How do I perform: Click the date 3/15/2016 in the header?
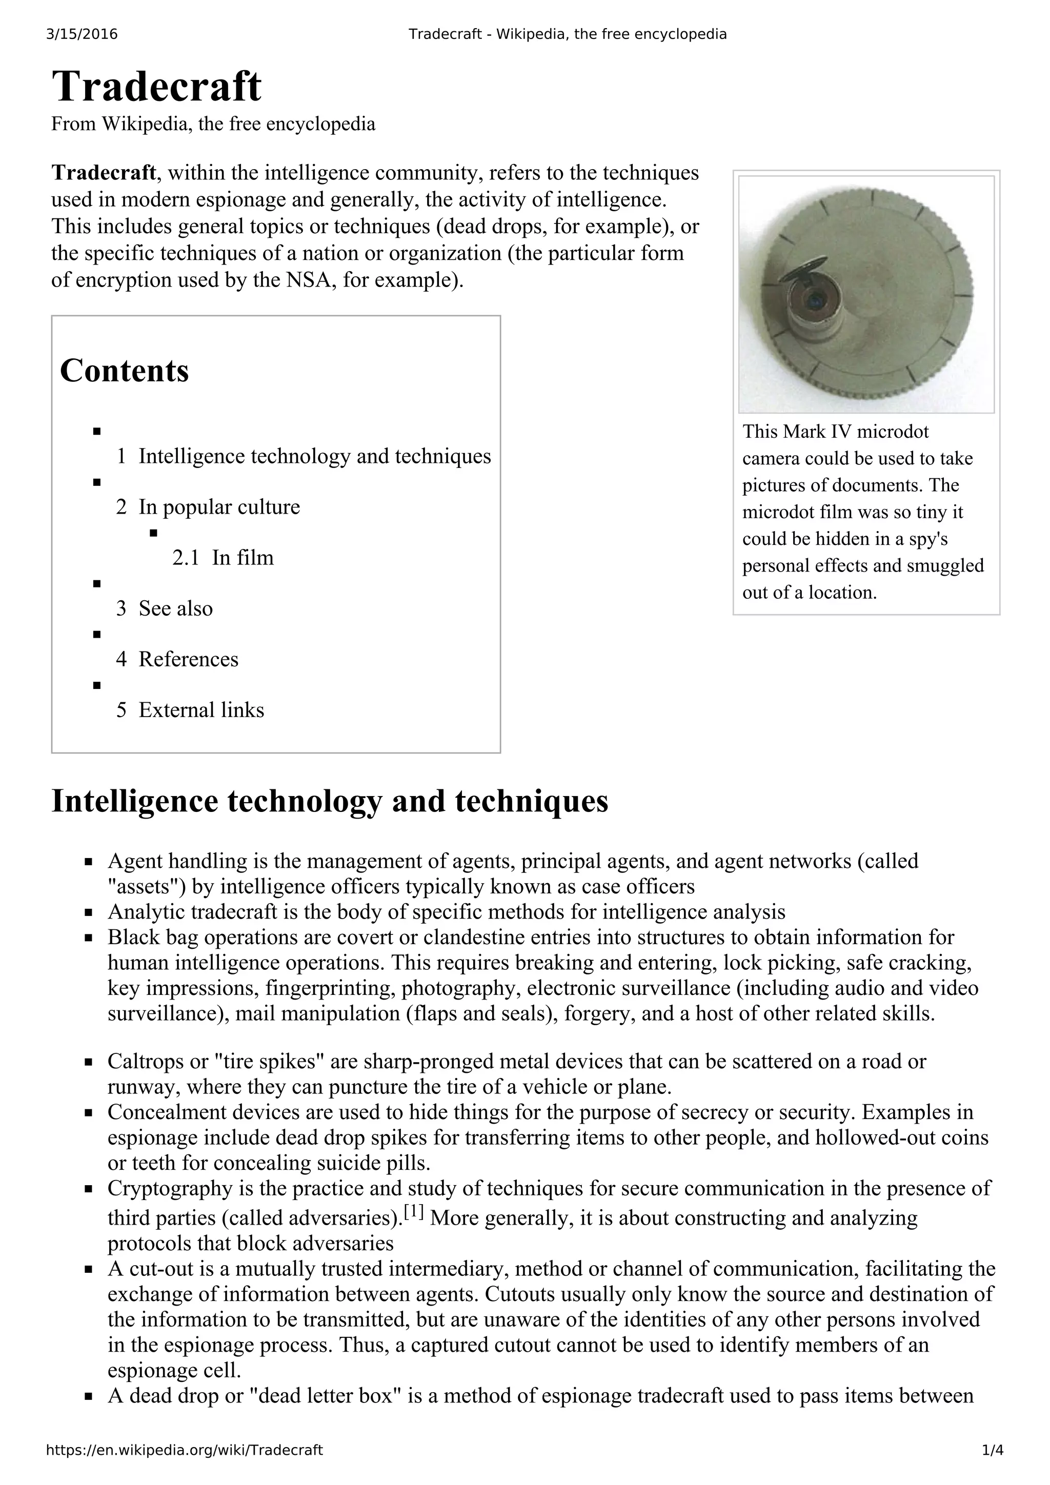(82, 34)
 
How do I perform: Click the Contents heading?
(124, 371)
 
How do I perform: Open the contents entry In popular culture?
(219, 507)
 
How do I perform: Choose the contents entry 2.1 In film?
(223, 558)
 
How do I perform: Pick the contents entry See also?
(175, 608)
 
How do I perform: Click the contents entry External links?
(201, 710)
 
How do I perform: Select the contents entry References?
(188, 659)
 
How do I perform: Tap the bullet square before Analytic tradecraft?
(89, 912)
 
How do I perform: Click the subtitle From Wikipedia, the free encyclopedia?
(213, 124)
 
